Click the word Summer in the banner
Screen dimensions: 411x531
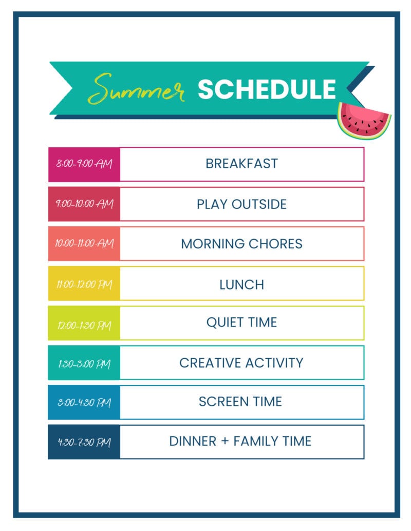(x=136, y=89)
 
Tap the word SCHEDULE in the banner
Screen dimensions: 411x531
(x=267, y=89)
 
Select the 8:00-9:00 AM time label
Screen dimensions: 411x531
(x=84, y=164)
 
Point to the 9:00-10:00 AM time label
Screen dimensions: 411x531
(x=84, y=204)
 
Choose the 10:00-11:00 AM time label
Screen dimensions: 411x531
(x=84, y=243)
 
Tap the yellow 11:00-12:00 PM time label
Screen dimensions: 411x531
(x=84, y=284)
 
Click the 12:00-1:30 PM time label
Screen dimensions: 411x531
(x=84, y=325)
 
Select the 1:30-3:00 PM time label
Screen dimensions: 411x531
(x=84, y=364)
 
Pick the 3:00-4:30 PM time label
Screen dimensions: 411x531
(x=84, y=402)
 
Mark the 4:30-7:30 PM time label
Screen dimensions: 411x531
(x=84, y=442)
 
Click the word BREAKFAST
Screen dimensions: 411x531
(x=242, y=164)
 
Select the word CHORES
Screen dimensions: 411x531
(x=275, y=244)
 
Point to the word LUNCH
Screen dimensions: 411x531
(x=242, y=285)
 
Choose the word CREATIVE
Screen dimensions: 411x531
(x=210, y=363)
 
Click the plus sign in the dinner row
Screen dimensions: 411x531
(x=225, y=441)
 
